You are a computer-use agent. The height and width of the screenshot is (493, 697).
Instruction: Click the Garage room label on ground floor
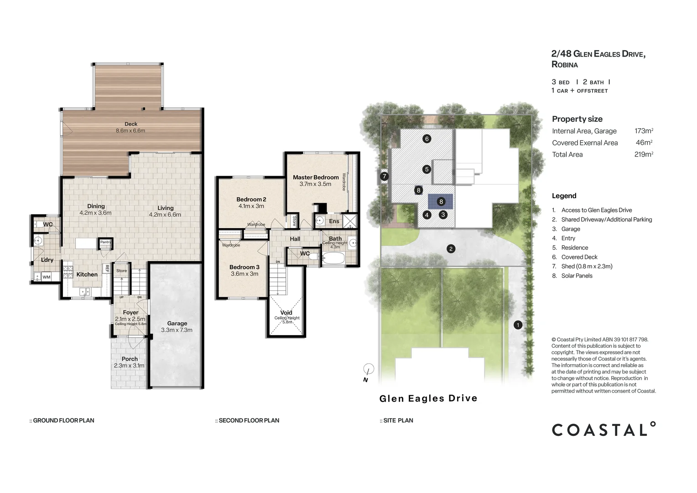click(x=177, y=323)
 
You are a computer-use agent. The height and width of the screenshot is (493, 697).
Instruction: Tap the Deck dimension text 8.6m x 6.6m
click(x=130, y=131)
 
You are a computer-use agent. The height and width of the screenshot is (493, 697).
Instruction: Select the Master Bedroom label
click(x=316, y=177)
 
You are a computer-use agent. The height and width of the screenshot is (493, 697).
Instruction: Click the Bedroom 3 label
click(x=244, y=267)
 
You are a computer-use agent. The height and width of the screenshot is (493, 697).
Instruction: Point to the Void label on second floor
click(x=286, y=313)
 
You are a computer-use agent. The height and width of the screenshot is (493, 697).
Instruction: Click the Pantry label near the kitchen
click(x=105, y=242)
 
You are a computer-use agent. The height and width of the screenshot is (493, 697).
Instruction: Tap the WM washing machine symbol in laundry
click(x=46, y=277)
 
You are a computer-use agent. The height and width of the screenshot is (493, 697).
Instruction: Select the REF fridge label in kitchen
click(x=107, y=268)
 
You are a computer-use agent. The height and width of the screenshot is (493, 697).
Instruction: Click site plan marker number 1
click(x=518, y=325)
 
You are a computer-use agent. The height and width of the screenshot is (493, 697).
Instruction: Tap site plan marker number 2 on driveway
click(x=451, y=249)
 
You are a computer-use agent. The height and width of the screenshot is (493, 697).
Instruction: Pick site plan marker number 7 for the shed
click(x=384, y=176)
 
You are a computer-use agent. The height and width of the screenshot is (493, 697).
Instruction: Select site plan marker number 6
click(x=427, y=139)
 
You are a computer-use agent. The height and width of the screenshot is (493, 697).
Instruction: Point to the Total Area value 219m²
click(x=643, y=154)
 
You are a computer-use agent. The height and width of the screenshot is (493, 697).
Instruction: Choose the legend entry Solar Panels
click(x=577, y=276)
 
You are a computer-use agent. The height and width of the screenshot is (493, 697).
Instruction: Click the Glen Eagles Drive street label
click(x=428, y=399)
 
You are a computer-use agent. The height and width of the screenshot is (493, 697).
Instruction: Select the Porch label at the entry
click(x=130, y=359)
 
